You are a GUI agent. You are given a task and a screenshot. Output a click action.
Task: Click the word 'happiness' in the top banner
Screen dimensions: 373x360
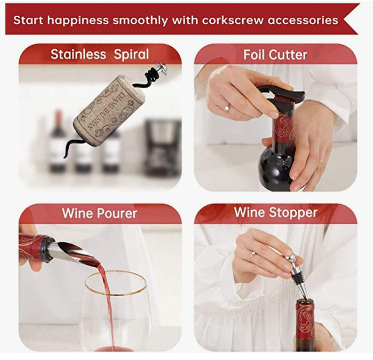78,21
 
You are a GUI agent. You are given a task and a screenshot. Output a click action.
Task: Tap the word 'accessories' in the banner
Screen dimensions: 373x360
303,20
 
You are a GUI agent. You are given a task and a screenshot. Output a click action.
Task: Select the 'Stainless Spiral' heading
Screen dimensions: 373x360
100,55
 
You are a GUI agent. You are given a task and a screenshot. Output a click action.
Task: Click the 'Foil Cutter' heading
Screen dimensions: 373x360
275,55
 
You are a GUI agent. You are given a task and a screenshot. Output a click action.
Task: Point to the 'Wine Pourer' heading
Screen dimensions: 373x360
100,213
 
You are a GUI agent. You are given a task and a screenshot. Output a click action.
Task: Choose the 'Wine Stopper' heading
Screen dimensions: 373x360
276,212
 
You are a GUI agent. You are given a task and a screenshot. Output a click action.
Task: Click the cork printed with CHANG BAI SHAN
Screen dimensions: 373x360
109,111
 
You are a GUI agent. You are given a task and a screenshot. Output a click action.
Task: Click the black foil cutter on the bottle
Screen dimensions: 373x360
281,97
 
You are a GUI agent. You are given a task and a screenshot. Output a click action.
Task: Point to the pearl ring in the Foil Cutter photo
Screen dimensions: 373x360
227,108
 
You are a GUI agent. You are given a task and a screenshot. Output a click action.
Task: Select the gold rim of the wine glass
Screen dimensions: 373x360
115,283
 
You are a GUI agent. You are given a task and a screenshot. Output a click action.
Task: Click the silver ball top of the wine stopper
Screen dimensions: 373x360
290,258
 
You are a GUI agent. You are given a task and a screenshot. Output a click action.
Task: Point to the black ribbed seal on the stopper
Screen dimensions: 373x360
296,279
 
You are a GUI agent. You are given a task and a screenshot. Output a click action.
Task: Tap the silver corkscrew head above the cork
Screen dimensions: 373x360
161,67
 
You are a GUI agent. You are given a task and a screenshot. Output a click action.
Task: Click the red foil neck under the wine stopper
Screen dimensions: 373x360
306,322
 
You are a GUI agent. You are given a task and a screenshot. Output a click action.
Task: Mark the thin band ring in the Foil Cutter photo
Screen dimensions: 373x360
321,162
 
